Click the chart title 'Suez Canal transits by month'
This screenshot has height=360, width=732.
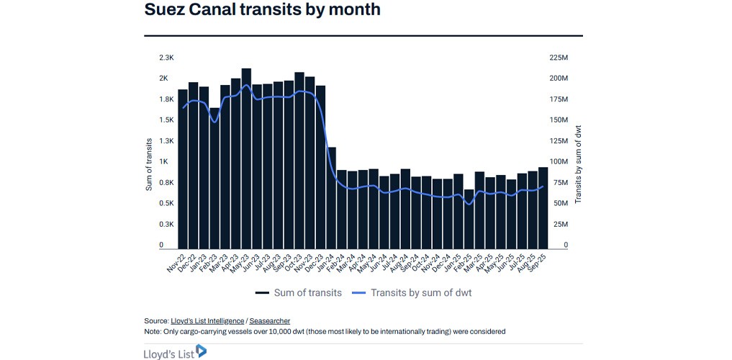[x=262, y=11]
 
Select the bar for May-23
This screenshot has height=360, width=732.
[x=246, y=158]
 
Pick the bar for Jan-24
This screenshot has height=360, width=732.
[x=332, y=197]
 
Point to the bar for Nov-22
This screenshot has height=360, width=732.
[x=183, y=168]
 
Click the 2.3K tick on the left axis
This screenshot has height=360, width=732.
[x=166, y=57]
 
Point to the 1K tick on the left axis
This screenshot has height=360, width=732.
[x=164, y=162]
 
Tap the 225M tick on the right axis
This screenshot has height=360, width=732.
[x=560, y=57]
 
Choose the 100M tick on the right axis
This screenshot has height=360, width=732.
[x=560, y=162]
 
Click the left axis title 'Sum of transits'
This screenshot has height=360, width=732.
[x=149, y=163]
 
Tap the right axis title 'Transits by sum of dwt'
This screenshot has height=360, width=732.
[x=577, y=163]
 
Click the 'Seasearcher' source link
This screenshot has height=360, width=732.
[x=270, y=320]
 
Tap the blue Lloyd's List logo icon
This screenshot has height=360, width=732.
[x=201, y=351]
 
